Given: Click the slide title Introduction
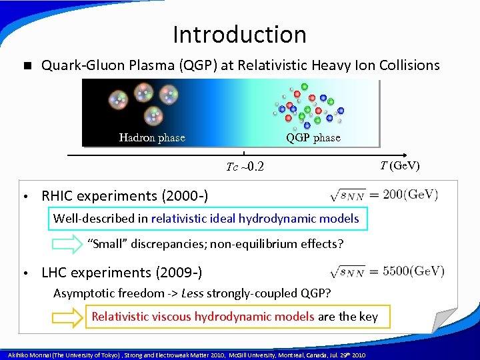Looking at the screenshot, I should [x=239, y=35].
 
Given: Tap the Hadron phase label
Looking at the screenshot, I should [x=152, y=138].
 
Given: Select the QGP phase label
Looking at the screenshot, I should [x=313, y=138].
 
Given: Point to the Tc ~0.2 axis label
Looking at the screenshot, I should [x=245, y=167].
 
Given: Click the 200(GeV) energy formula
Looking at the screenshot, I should [x=384, y=195].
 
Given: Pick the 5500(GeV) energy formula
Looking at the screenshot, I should [x=387, y=271].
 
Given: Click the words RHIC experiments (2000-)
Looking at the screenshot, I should [x=125, y=196].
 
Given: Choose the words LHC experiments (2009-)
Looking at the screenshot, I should [x=122, y=273].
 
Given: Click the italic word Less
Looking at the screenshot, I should [x=193, y=294].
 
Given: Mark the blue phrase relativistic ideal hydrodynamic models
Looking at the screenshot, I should [x=255, y=218].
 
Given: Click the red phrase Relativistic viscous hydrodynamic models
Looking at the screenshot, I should [x=203, y=317].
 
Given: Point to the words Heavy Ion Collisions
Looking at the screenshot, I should [x=375, y=65].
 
